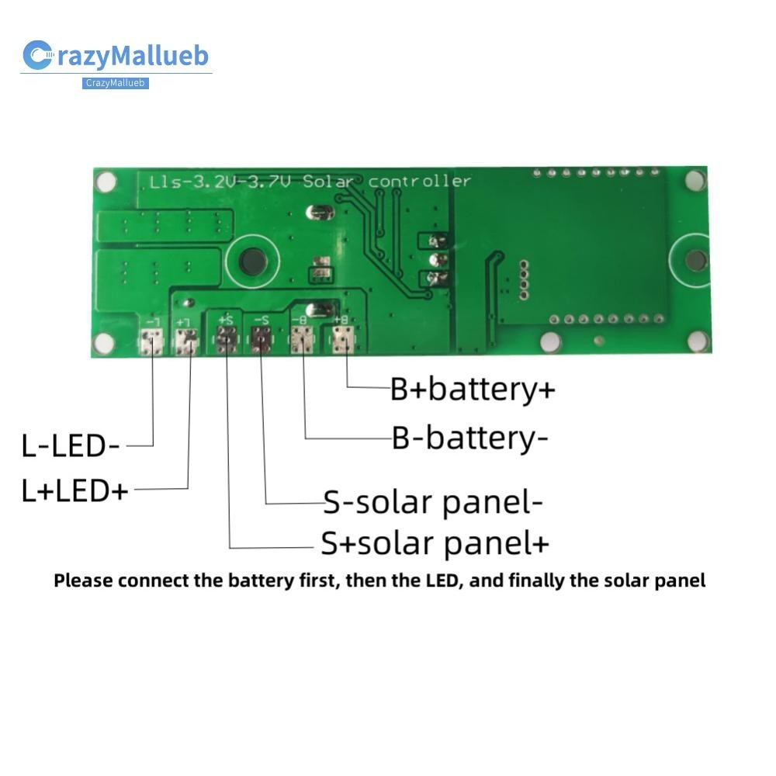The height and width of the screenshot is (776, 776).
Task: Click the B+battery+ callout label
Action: coord(473,389)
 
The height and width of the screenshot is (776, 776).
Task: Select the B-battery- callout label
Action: coord(469,438)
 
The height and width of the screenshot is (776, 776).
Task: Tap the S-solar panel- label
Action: coord(433,503)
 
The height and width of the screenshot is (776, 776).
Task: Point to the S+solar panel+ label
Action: coord(435,543)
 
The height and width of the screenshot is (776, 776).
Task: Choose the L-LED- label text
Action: coord(71,446)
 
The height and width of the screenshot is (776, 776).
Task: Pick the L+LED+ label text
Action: coord(74,490)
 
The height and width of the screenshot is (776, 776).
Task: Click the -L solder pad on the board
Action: coord(152,339)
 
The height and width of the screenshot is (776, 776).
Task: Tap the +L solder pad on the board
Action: coord(187,339)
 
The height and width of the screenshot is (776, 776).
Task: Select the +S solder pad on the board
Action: coord(227,339)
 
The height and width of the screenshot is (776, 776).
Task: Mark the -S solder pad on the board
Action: coord(262,339)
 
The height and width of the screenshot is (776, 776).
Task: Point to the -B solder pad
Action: coord(302,339)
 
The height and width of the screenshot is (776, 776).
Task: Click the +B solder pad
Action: coord(343,339)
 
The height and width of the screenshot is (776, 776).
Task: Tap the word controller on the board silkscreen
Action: coord(419,182)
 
